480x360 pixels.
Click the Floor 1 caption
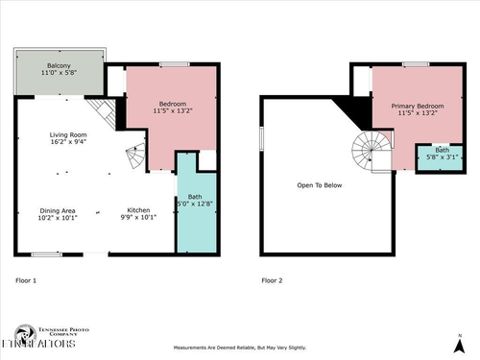coord(27,281)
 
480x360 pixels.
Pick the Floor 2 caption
coord(273,281)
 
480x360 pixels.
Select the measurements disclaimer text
coord(239,348)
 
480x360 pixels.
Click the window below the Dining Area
coord(46,254)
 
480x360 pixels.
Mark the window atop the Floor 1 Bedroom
coord(174,64)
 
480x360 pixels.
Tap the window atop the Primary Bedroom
coord(416,64)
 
